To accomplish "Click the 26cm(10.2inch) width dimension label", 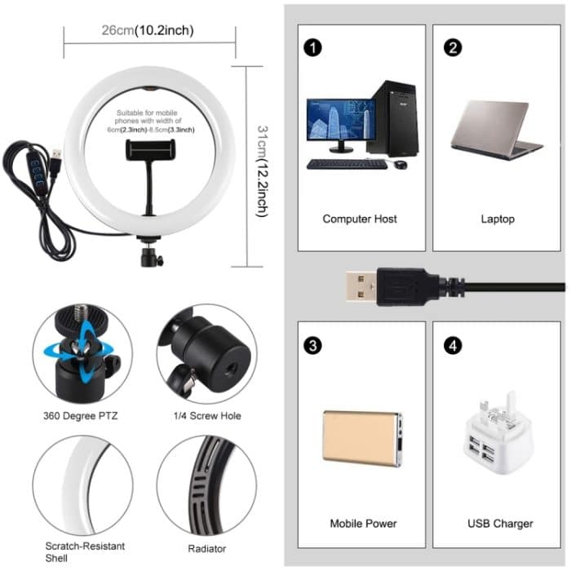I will point(147,31).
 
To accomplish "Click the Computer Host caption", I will point(360,219).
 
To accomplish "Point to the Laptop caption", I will point(498,219).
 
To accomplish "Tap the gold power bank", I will point(361,438).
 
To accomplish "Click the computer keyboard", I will point(346,164).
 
